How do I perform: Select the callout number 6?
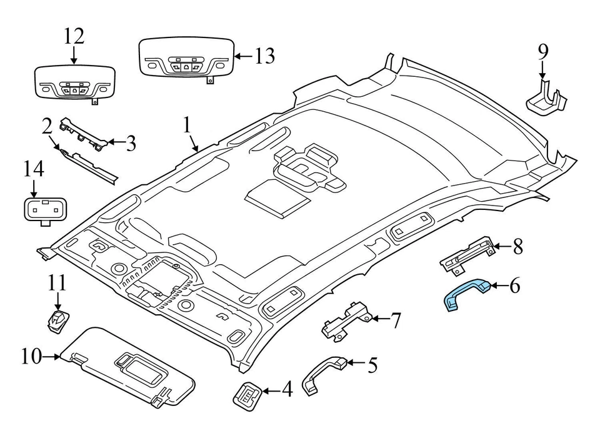tap(514, 287)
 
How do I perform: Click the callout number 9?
tap(542, 51)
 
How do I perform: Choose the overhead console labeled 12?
tap(74, 82)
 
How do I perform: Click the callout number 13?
tap(264, 56)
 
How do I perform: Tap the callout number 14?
tap(34, 169)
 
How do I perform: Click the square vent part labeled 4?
tap(247, 395)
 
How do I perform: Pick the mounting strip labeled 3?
tap(84, 135)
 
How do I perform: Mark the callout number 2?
tap(47, 127)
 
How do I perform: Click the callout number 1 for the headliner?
tap(186, 126)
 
